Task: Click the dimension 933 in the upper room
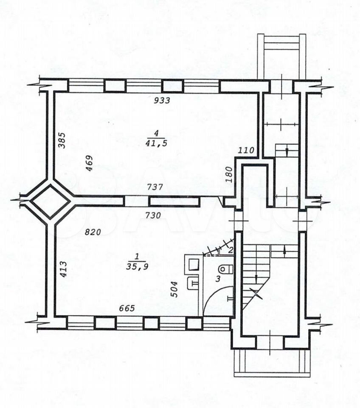162,100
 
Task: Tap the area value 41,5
156,143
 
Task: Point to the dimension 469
89,163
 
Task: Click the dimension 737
155,187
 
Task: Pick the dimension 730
153,215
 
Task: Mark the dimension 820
93,232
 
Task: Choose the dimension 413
63,269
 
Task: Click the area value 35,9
137,266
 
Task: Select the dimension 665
127,308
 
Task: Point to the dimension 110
246,150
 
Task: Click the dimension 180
229,175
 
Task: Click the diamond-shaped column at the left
51,201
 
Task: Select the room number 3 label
218,279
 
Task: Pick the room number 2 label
231,250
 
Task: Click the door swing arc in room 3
216,297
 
